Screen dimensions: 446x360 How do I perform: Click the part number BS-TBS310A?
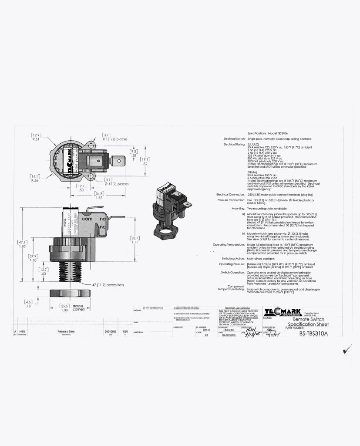[x=313, y=334]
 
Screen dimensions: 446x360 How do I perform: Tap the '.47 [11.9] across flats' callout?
[x=114, y=284]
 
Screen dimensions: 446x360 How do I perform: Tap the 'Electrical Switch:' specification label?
[x=234, y=139]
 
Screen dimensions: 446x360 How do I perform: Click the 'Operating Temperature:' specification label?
[x=229, y=245]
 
